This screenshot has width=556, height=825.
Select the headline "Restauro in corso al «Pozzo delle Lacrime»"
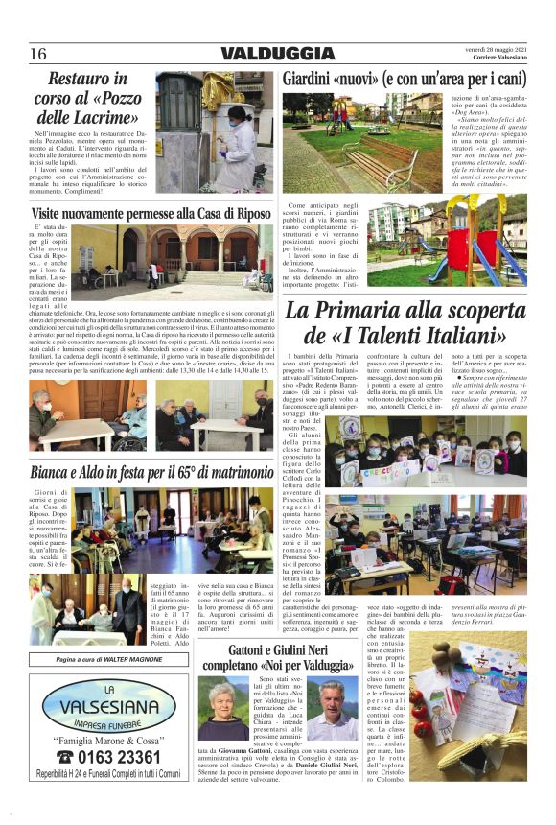tap(88, 99)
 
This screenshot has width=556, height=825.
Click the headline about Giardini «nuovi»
tap(404, 81)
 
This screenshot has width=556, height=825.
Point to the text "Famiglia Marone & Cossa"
tap(106, 740)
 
